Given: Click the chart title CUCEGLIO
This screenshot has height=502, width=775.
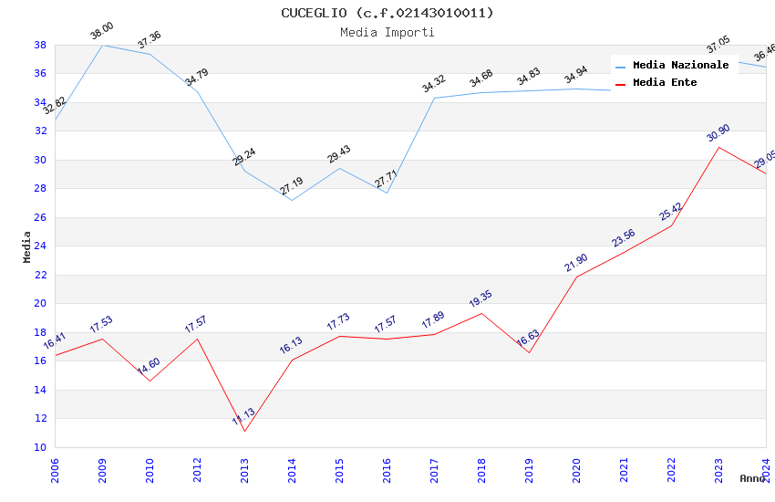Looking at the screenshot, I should (387, 13).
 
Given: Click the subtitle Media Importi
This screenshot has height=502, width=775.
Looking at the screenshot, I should (387, 32).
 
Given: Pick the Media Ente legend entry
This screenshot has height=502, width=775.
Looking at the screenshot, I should (665, 82).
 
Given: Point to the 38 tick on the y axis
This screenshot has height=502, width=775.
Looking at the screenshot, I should (40, 45).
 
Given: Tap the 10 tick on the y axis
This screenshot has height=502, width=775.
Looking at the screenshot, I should (40, 447).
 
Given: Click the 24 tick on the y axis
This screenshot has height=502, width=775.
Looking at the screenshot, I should (40, 246).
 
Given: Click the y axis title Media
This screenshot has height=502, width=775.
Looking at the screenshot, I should (27, 246).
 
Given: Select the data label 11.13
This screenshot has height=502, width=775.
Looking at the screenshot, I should (243, 418).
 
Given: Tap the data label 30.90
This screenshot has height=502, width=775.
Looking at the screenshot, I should (718, 134).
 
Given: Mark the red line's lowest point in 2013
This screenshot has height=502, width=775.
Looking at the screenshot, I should (244, 431).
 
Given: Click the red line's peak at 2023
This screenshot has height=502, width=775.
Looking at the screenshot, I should (718, 147).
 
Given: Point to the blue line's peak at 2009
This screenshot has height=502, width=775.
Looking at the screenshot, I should (102, 45).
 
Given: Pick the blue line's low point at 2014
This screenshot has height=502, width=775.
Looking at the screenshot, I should (292, 200).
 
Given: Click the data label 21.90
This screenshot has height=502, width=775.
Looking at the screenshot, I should (576, 263).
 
